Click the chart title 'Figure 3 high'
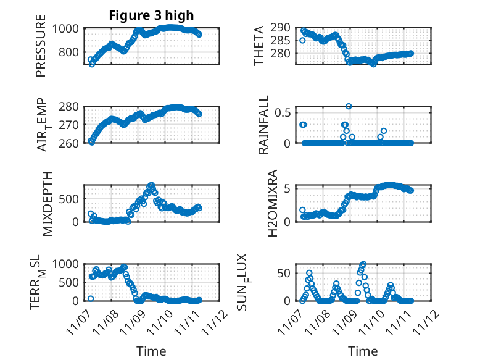[x=151, y=15]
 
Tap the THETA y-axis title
[x=260, y=46]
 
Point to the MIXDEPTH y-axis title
[x=48, y=203]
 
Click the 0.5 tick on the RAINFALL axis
[x=283, y=112]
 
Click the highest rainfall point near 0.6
[x=349, y=106]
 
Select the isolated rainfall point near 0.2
[x=383, y=131]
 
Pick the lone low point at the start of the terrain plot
[x=91, y=299]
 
